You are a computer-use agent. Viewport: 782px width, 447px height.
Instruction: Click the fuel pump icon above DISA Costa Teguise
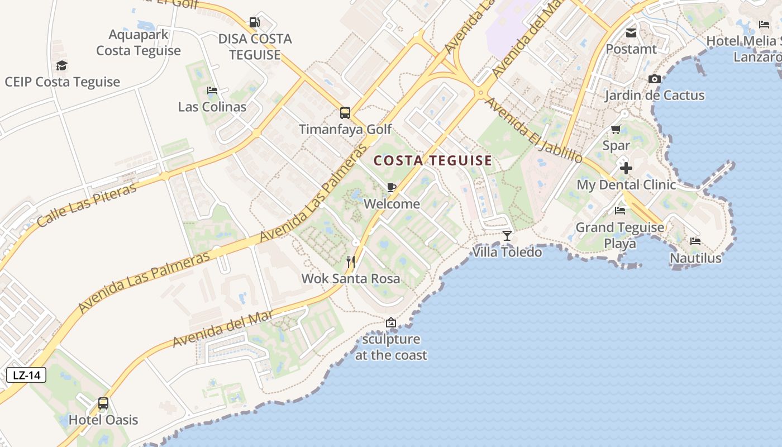pyautogui.click(x=255, y=22)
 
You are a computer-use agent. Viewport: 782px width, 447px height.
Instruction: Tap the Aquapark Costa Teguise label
pyautogui.click(x=139, y=42)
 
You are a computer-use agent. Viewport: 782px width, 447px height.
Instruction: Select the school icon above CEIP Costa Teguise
pyautogui.click(x=61, y=66)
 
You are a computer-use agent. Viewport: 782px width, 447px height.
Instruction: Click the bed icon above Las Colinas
pyautogui.click(x=212, y=91)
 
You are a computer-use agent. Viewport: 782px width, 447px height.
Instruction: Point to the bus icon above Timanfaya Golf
pyautogui.click(x=345, y=113)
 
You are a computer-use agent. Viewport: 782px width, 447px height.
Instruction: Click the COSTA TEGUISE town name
pyautogui.click(x=433, y=161)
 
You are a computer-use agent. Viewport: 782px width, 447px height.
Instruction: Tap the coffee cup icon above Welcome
pyautogui.click(x=392, y=187)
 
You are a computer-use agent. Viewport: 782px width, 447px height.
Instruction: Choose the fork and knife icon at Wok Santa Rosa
pyautogui.click(x=351, y=261)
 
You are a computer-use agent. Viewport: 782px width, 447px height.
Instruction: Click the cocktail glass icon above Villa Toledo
pyautogui.click(x=507, y=235)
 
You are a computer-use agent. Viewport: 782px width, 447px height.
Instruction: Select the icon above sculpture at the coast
pyautogui.click(x=391, y=322)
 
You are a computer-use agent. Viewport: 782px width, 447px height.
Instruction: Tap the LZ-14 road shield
pyautogui.click(x=26, y=375)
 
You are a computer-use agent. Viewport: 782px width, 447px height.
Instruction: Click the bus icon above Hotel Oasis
pyautogui.click(x=103, y=403)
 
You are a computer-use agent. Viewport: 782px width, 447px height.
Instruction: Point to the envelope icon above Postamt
pyautogui.click(x=631, y=33)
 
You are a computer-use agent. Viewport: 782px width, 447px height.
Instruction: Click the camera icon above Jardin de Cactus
pyautogui.click(x=655, y=79)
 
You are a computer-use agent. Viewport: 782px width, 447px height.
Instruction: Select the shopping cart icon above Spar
pyautogui.click(x=616, y=130)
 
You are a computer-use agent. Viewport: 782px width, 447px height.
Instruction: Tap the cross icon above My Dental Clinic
pyautogui.click(x=626, y=168)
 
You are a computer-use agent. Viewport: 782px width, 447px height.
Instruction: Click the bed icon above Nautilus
pyautogui.click(x=695, y=241)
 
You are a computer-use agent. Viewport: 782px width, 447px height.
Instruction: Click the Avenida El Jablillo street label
pyautogui.click(x=533, y=130)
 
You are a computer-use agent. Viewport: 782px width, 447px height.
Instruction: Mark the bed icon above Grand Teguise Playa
pyautogui.click(x=620, y=211)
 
